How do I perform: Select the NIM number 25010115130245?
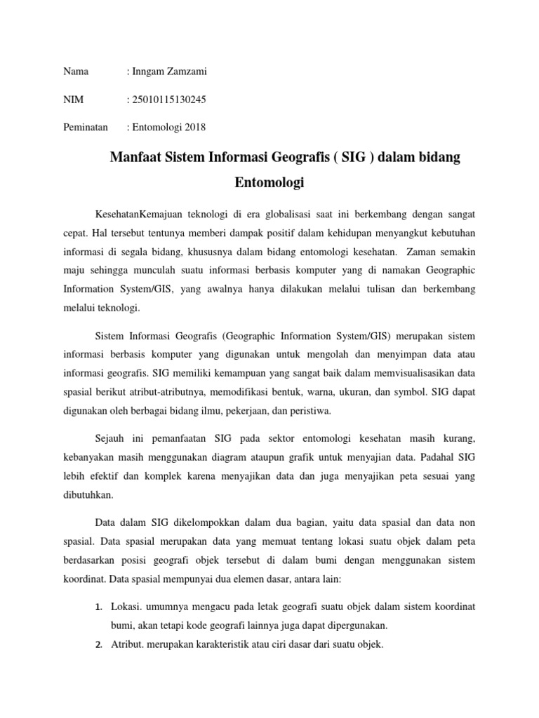[x=168, y=100]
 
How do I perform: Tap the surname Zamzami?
[x=185, y=72]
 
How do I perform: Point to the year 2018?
[x=193, y=127]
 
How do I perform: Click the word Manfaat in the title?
[x=136, y=157]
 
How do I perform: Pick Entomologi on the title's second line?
[x=269, y=184]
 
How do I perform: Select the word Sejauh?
[x=109, y=438]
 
